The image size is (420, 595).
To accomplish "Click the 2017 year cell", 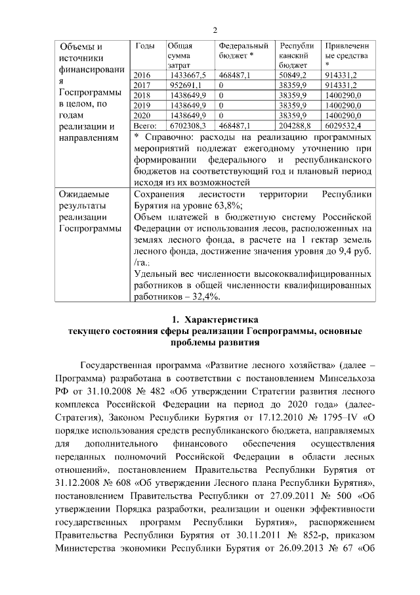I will tap(142, 85).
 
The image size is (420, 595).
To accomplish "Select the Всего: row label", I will tap(144, 124).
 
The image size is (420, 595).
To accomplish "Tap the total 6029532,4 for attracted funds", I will tap(346, 124).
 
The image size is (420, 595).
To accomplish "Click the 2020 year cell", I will tap(142, 114).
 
